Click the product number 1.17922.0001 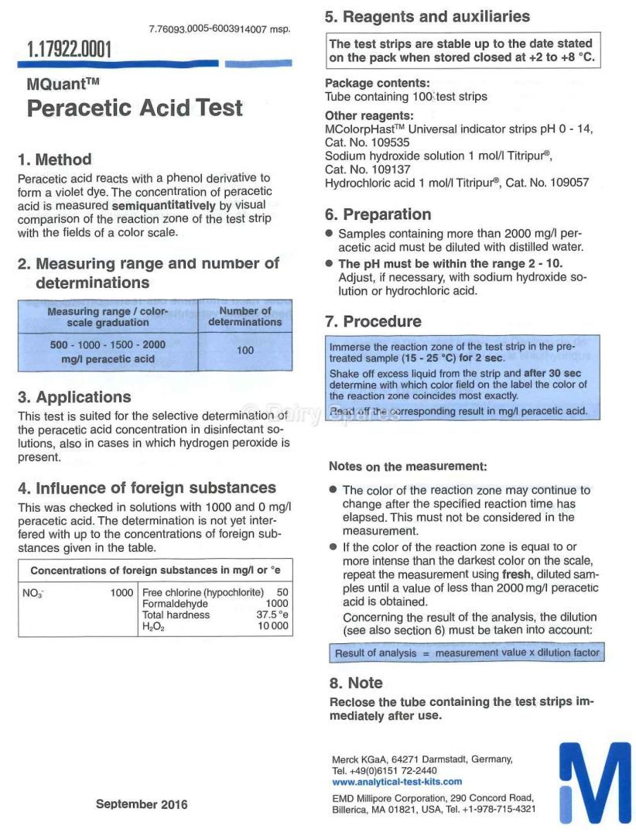pos(69,50)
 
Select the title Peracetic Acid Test pos(135,108)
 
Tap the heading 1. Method pos(54,160)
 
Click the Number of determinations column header pos(244,316)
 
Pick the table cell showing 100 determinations pos(244,351)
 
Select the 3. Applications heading pos(74,398)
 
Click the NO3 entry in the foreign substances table pos(32,593)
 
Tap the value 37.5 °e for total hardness pos(272,615)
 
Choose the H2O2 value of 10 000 pos(273,627)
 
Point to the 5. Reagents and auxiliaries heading pos(427,16)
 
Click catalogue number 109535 pos(393,143)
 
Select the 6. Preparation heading pos(378,215)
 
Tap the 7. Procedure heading pos(373,322)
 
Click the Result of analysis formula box pos(467,653)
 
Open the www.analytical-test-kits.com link pos(397,782)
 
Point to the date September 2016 pos(142,804)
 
